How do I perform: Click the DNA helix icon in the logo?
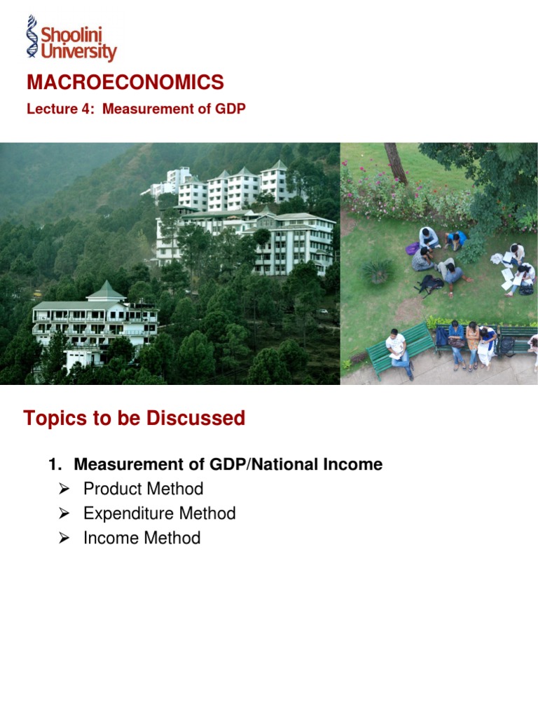point(32,36)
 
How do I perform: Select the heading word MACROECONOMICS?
point(125,83)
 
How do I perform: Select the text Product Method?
point(143,489)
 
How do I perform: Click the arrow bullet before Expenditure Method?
point(64,514)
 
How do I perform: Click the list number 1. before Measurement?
point(55,464)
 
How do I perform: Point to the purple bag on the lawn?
point(413,248)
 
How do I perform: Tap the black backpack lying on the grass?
point(430,284)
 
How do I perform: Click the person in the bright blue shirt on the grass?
point(456,241)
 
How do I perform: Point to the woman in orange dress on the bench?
point(474,340)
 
